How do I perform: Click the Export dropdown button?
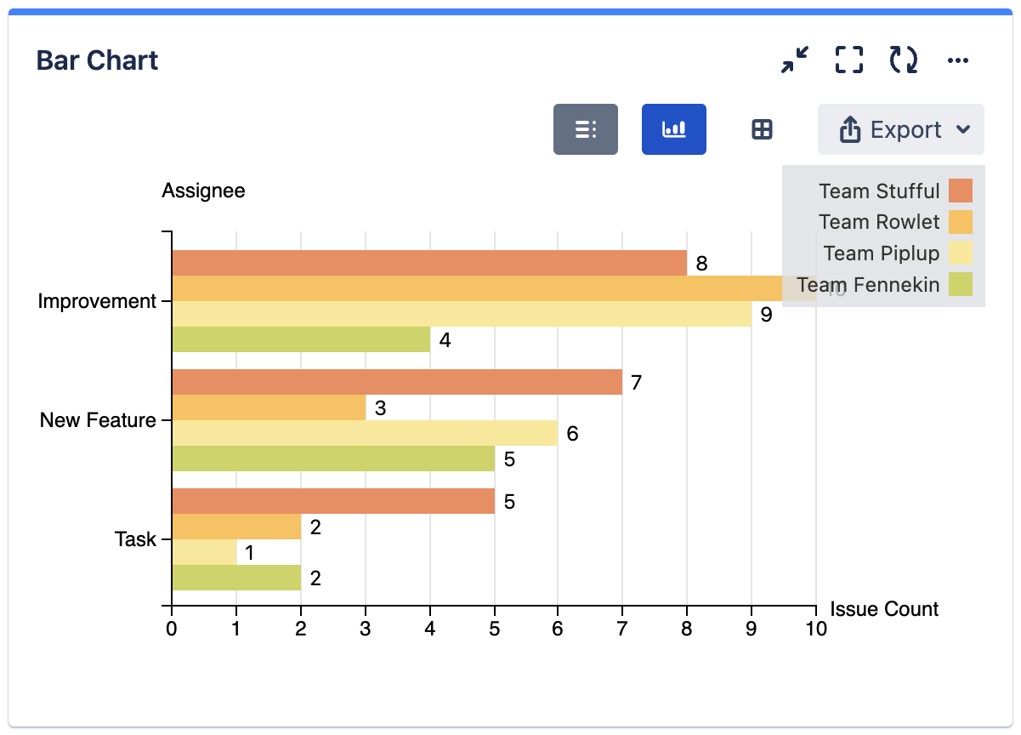point(901,129)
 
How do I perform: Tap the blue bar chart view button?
point(673,129)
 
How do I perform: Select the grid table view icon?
point(762,129)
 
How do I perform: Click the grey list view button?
point(585,129)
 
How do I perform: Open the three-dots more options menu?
point(958,60)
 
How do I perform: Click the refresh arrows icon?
point(903,60)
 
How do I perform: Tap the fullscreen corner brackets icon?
point(848,60)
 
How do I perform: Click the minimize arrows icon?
point(795,60)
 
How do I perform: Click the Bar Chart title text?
point(97,60)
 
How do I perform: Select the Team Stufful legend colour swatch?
point(961,191)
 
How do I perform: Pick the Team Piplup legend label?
point(882,254)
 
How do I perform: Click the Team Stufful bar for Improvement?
point(429,263)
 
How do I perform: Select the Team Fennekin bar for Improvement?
point(301,339)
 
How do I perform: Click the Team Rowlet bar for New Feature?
point(269,407)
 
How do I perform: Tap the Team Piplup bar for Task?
point(204,552)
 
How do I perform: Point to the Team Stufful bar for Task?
point(333,501)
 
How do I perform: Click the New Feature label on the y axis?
point(98,420)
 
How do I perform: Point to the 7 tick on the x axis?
point(622,629)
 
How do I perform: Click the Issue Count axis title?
point(884,609)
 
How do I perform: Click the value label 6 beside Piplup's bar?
point(572,434)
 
